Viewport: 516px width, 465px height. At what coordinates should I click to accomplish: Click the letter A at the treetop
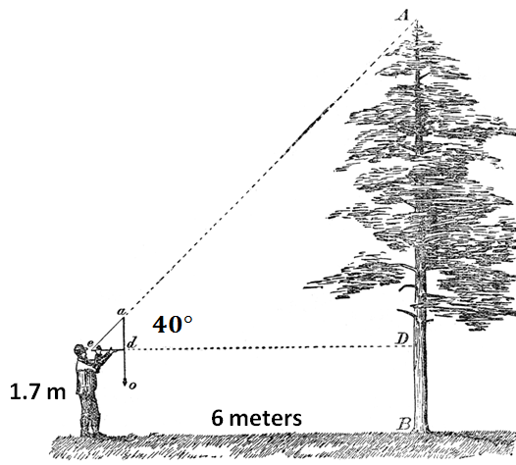(402, 15)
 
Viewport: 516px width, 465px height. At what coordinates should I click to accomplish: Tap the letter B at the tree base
(403, 424)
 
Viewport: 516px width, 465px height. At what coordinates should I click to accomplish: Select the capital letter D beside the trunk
(402, 338)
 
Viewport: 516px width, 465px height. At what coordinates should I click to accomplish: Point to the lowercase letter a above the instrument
(121, 311)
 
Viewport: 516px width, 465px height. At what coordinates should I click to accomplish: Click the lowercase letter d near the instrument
(131, 343)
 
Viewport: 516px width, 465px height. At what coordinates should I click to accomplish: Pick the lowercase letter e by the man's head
(89, 343)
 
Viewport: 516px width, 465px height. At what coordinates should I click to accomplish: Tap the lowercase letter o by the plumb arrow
(132, 386)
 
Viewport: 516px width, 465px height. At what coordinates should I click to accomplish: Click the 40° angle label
(172, 325)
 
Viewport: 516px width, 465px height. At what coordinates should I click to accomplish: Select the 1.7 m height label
(38, 392)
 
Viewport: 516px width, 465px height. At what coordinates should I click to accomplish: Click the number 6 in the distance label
(218, 418)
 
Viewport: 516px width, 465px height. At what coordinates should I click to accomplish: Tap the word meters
(266, 419)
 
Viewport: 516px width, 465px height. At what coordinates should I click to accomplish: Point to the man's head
(80, 351)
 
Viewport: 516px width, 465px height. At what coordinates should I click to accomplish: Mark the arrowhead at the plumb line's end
(125, 382)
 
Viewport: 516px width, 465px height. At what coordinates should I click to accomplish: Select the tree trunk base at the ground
(421, 429)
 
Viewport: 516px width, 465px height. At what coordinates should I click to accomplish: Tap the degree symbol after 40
(188, 319)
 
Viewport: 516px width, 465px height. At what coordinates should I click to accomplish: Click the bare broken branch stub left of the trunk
(406, 312)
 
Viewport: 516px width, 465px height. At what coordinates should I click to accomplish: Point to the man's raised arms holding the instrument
(101, 358)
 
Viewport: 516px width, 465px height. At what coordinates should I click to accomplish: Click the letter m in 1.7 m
(55, 393)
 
